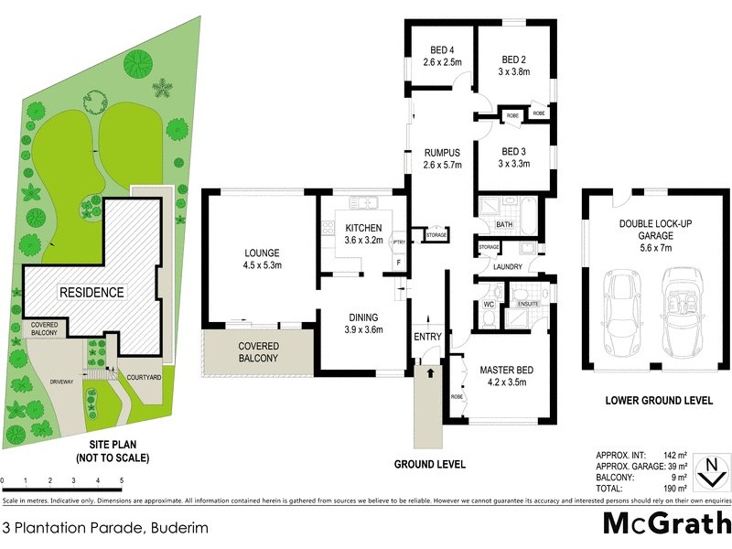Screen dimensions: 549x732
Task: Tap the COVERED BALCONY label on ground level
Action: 258,352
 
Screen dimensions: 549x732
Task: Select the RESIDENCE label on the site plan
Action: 91,293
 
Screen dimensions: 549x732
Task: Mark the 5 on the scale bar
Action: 122,480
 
